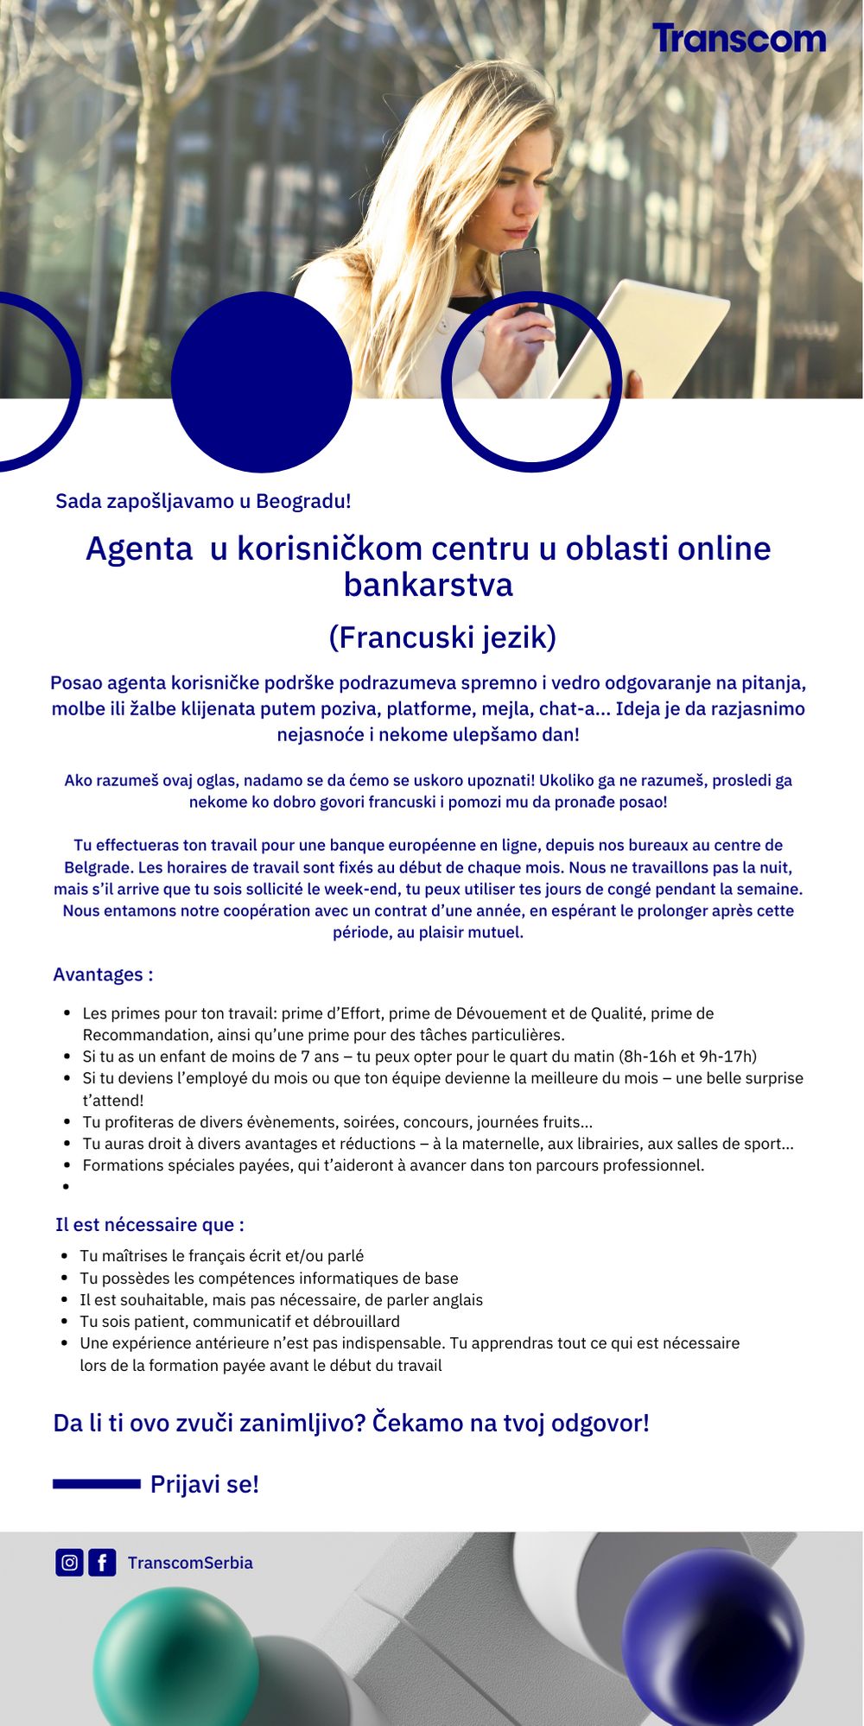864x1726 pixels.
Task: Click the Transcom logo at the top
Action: pos(739,39)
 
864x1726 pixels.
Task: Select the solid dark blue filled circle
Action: pos(261,381)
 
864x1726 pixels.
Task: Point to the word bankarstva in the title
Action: pos(429,585)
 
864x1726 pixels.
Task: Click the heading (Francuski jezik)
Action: pos(442,638)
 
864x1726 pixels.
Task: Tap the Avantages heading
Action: pos(103,974)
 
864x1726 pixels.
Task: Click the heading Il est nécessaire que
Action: pos(149,1224)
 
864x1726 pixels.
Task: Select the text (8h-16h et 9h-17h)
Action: pos(687,1056)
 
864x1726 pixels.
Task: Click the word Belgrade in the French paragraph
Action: pos(96,866)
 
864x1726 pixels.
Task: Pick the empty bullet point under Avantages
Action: pos(66,1187)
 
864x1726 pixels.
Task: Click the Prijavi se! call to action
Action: pos(205,1484)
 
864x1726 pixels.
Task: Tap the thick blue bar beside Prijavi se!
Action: pos(97,1484)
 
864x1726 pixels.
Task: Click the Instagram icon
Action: pos(69,1562)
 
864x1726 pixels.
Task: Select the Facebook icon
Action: pos(102,1562)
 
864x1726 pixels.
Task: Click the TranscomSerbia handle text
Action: pos(190,1563)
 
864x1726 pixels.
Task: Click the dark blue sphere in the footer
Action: pos(713,1636)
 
